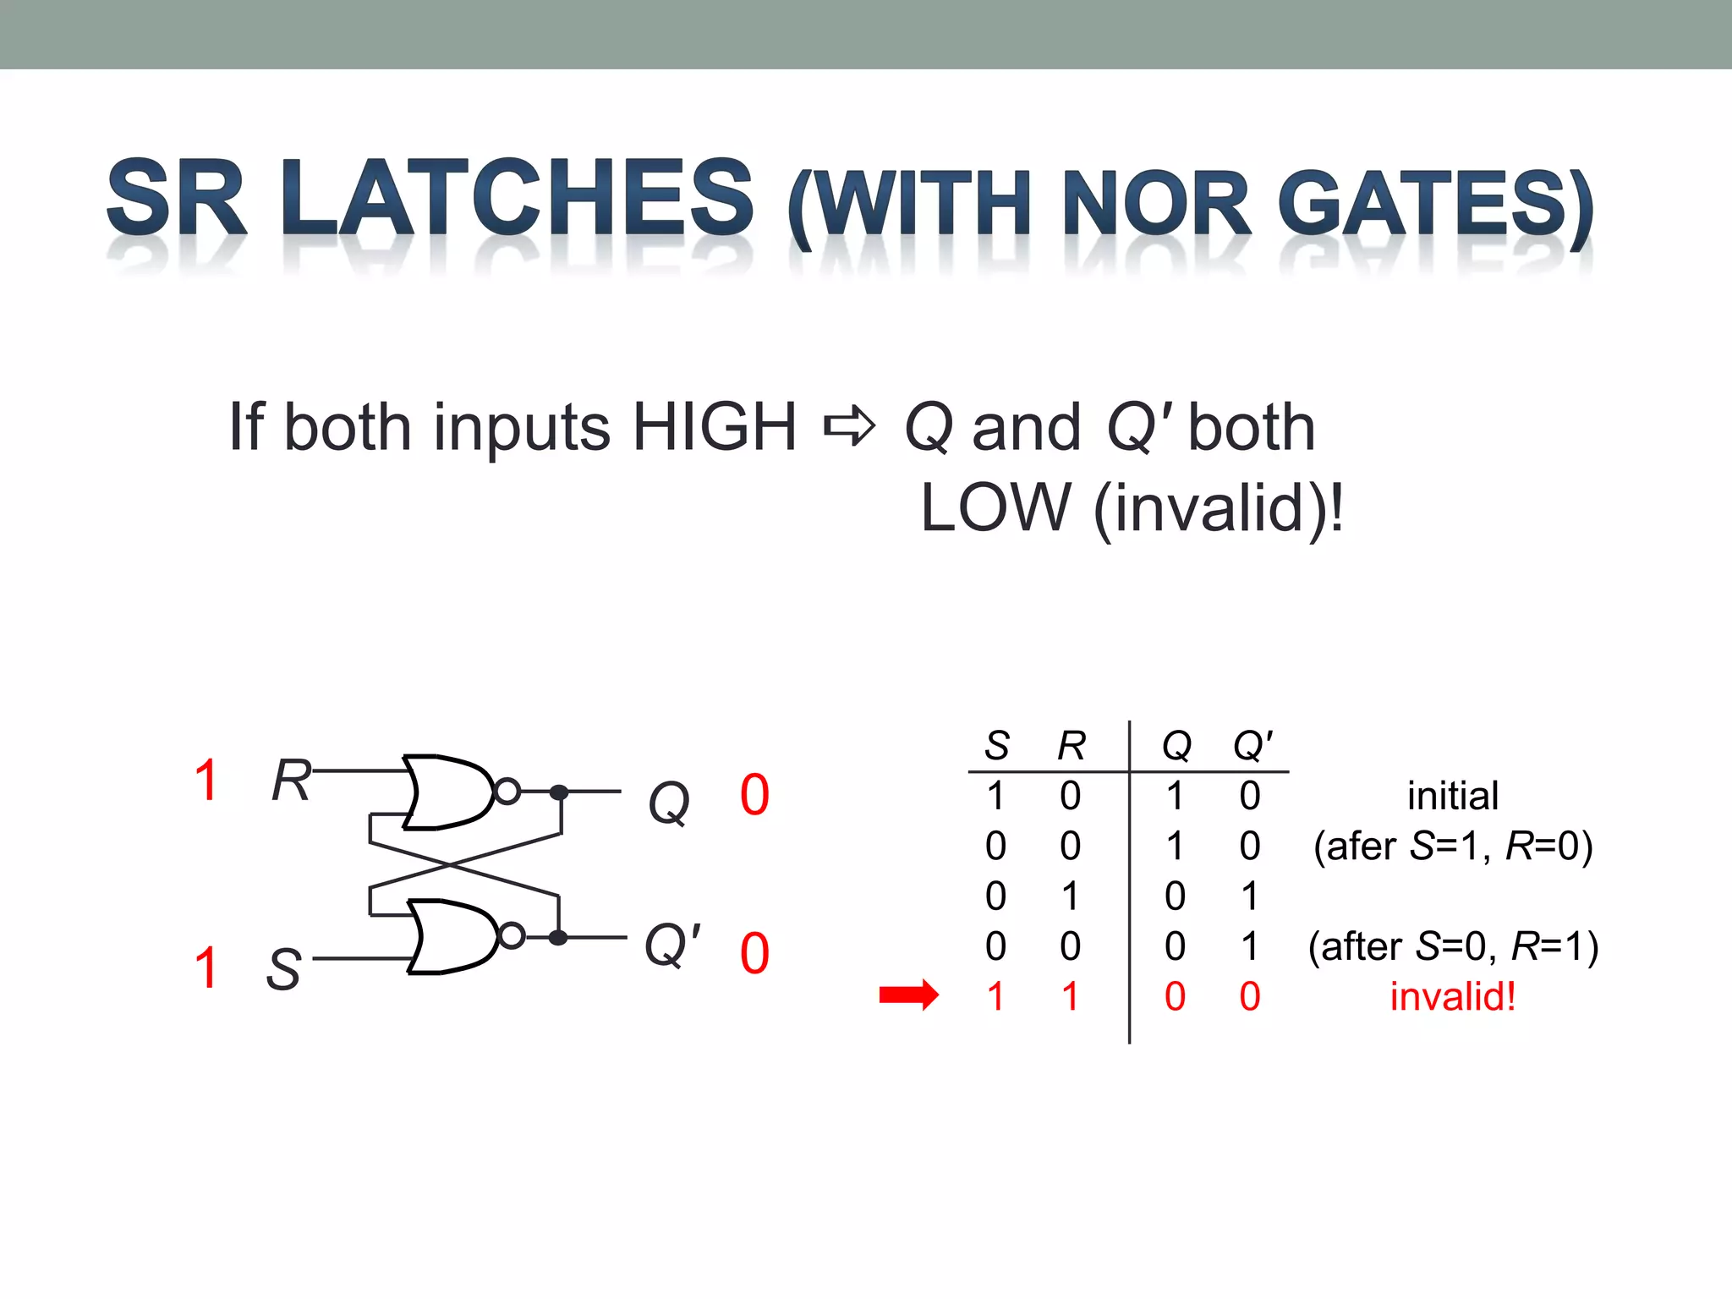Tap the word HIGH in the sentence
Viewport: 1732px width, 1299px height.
click(715, 427)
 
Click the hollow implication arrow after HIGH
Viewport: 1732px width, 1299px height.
click(849, 425)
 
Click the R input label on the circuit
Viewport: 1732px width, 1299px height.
click(290, 780)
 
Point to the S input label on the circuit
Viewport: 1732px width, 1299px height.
click(283, 969)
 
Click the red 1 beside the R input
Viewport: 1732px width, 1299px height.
click(206, 780)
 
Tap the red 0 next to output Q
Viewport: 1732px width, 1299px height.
click(754, 795)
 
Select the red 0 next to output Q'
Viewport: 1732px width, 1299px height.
click(754, 953)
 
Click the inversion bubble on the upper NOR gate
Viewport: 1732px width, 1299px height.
click(507, 792)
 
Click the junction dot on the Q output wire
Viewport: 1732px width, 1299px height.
click(559, 792)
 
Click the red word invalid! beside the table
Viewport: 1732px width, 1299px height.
click(1453, 996)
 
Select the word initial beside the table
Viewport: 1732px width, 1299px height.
click(1453, 796)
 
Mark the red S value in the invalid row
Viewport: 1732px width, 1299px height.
click(996, 996)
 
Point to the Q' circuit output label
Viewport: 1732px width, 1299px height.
click(672, 945)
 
